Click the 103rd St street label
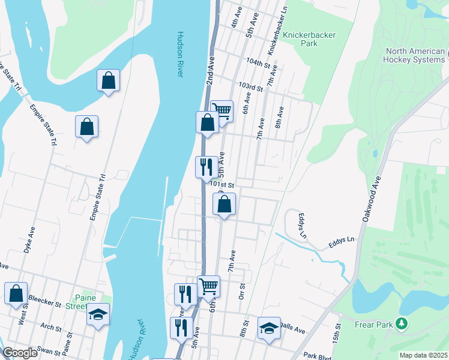point(250,88)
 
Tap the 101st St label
point(221,185)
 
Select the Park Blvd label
point(318,356)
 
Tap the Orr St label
point(243,291)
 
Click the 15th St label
point(337,329)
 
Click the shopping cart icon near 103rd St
point(221,110)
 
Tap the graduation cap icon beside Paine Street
point(98,314)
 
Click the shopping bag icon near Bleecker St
point(16,293)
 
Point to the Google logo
point(20,353)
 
